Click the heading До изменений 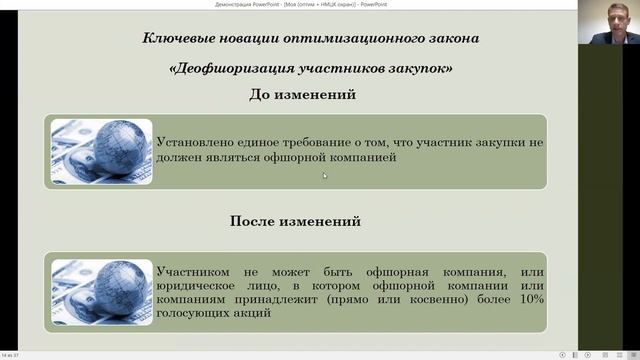point(302,95)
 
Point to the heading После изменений point(295,221)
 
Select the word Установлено point(194,144)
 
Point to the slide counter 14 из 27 point(10,355)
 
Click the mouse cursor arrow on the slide point(324,175)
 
